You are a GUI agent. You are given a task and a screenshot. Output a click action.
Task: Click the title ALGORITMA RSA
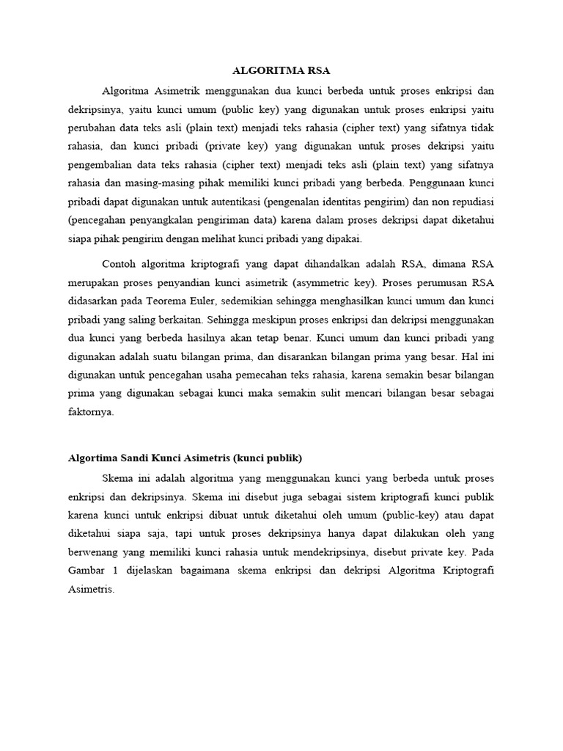click(x=281, y=71)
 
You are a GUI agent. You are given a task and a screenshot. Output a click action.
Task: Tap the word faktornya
click(x=91, y=412)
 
